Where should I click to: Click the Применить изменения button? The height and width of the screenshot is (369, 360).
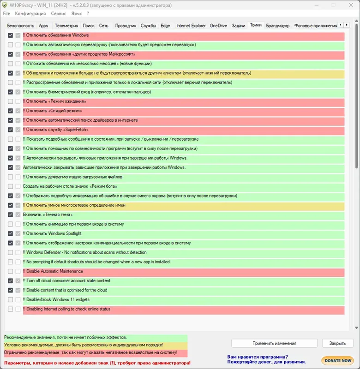point(274,343)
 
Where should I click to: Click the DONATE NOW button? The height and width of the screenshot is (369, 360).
point(337,360)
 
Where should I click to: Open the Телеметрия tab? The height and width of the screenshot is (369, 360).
point(67,26)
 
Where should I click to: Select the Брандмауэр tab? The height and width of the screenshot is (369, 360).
point(278,26)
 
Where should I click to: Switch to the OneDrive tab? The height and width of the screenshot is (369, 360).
point(218,26)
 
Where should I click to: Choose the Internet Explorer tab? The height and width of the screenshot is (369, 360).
point(191,26)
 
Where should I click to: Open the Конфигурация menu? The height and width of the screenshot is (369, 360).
point(30,14)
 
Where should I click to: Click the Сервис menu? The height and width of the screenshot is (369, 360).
point(59,14)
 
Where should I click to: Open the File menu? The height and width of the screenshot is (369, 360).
point(7,14)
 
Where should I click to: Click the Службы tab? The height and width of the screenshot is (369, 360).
point(148,26)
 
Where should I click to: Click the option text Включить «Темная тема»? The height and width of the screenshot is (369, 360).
point(48,215)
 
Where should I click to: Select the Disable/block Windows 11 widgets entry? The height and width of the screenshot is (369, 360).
point(58,300)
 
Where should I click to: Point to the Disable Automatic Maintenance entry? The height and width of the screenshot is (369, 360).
point(54,271)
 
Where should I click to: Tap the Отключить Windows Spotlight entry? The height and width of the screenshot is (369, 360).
point(54,234)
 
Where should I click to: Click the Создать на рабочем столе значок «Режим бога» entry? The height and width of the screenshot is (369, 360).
point(67,186)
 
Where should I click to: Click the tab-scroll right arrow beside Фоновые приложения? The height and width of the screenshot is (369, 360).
point(346,25)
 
